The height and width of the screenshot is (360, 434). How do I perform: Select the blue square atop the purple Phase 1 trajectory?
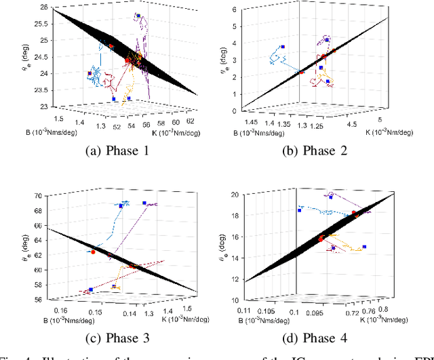coord(138,16)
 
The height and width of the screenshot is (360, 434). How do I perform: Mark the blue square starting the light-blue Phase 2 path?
coord(283,47)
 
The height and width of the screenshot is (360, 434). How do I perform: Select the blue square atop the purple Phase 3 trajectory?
coord(144,203)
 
